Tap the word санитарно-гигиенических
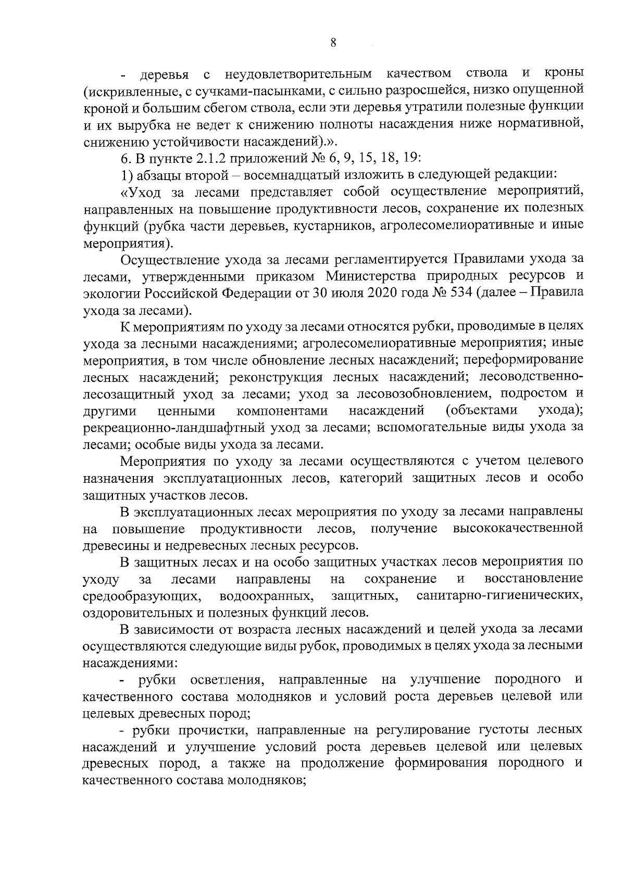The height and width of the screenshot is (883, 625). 499,596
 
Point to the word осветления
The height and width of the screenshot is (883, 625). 227,680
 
